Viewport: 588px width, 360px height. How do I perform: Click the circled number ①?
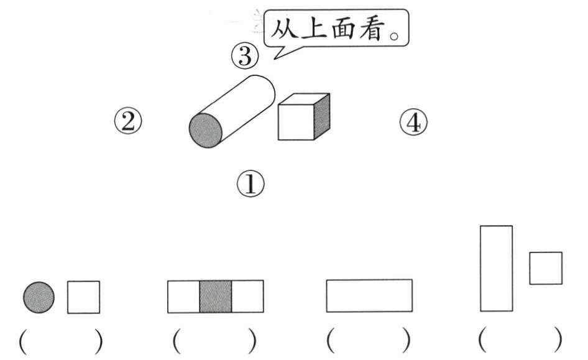coord(250,183)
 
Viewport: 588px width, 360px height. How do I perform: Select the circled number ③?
coord(244,57)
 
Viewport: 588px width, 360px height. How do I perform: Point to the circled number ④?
coord(413,122)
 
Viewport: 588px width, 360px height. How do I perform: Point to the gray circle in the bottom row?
coord(39,297)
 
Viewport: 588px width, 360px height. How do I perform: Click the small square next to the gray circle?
coord(83,297)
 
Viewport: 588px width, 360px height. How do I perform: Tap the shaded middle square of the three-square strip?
coord(216,297)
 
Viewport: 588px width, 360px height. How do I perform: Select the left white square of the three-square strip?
coord(183,297)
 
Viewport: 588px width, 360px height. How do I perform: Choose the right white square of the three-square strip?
coord(247,297)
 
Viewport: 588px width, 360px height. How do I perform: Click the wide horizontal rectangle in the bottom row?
coord(369,295)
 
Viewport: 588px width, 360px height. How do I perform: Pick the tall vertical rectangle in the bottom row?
coord(497,268)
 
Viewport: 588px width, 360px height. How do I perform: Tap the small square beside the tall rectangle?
coord(546,268)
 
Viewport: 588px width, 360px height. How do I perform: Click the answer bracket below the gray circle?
coord(61,340)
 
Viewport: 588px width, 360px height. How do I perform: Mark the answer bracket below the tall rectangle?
coord(521,340)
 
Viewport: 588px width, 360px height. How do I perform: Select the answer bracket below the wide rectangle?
coord(369,340)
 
